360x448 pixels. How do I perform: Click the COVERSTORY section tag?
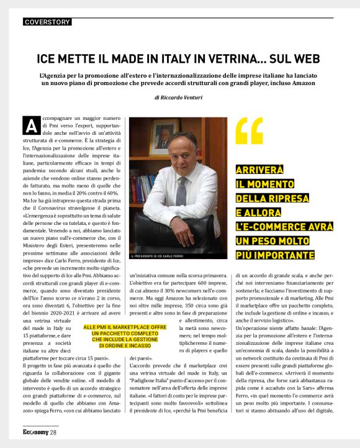tap(47, 22)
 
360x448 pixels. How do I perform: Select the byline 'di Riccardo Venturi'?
tap(179, 97)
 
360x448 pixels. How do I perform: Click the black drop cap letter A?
tap(30, 126)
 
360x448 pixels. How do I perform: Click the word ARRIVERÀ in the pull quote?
tap(260, 170)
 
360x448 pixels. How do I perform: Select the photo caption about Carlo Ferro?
tap(156, 256)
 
